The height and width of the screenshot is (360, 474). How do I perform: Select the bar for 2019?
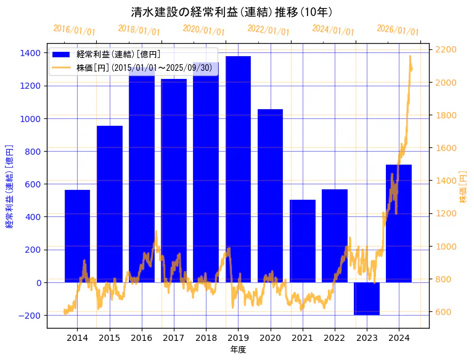pyautogui.click(x=238, y=170)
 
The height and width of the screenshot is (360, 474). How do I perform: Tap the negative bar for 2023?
pyautogui.click(x=367, y=299)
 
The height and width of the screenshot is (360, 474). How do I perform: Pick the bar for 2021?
pyautogui.click(x=303, y=241)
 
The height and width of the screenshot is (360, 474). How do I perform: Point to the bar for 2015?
pyautogui.click(x=110, y=204)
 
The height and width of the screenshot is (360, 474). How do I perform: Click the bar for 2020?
pyautogui.click(x=270, y=195)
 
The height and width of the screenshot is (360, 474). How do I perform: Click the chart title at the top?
pyautogui.click(x=232, y=12)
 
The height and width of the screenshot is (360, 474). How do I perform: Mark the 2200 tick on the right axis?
pyautogui.click(x=446, y=49)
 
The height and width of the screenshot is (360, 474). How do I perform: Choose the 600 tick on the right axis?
pyautogui.click(x=443, y=312)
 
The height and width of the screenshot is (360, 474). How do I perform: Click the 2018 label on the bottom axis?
pyautogui.click(x=206, y=337)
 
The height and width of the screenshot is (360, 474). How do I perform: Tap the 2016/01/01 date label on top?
pyautogui.click(x=74, y=30)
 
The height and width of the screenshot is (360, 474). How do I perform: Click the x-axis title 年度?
pyautogui.click(x=238, y=350)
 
